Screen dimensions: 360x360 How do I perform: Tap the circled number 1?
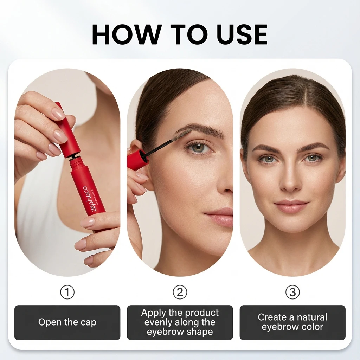pyautogui.click(x=67, y=292)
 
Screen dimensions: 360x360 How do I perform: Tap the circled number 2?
pyautogui.click(x=180, y=292)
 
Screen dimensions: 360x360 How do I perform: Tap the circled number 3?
pyautogui.click(x=292, y=292)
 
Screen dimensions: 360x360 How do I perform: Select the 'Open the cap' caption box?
pyautogui.click(x=67, y=322)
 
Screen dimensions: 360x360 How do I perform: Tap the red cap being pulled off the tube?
pyautogui.click(x=67, y=130)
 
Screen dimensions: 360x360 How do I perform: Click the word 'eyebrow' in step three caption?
pyautogui.click(x=278, y=327)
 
